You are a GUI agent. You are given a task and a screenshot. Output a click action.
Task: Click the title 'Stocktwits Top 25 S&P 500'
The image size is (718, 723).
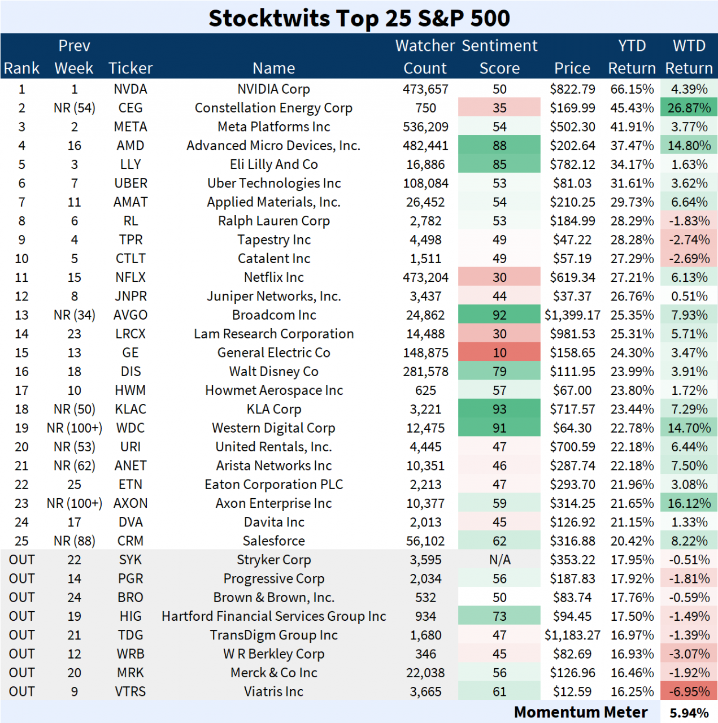tap(359, 18)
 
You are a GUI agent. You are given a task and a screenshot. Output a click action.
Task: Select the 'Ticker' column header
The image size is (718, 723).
tap(130, 68)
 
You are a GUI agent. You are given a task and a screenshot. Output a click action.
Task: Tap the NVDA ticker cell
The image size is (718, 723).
tap(130, 89)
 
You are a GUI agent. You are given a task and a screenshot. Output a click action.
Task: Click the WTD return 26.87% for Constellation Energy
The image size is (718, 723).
tap(689, 108)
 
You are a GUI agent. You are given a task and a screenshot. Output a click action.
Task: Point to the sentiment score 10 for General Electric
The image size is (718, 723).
tap(499, 352)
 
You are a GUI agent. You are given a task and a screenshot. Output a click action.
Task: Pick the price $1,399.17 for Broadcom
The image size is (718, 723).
tap(572, 315)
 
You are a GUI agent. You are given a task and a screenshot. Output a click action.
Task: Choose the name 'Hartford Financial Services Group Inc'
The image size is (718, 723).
tap(273, 616)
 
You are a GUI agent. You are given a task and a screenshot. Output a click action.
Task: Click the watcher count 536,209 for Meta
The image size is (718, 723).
tap(425, 127)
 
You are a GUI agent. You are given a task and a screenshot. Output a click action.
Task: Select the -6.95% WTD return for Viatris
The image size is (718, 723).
tap(689, 691)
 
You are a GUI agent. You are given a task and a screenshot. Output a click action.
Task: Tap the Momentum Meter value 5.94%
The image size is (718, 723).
tap(689, 713)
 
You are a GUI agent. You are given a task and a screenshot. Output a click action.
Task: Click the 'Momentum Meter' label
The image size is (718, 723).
tap(580, 712)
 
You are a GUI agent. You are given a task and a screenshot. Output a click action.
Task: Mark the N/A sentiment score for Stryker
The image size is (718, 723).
tap(499, 560)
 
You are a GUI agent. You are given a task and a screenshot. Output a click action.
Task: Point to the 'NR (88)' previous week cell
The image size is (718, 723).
tap(74, 541)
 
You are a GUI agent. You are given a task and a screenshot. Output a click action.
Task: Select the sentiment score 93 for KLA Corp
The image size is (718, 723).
tap(499, 409)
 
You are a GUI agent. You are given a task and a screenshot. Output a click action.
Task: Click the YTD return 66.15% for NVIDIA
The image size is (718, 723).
tap(632, 89)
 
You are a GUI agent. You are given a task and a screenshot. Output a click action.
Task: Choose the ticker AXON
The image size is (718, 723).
tap(130, 503)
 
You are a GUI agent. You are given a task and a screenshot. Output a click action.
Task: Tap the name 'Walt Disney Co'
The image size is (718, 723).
tap(273, 372)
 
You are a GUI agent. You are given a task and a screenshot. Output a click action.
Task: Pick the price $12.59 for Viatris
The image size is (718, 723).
tap(572, 691)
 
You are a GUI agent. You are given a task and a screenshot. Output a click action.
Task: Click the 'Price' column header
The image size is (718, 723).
tap(572, 68)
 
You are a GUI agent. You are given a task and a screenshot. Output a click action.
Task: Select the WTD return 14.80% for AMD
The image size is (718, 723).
tap(689, 146)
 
